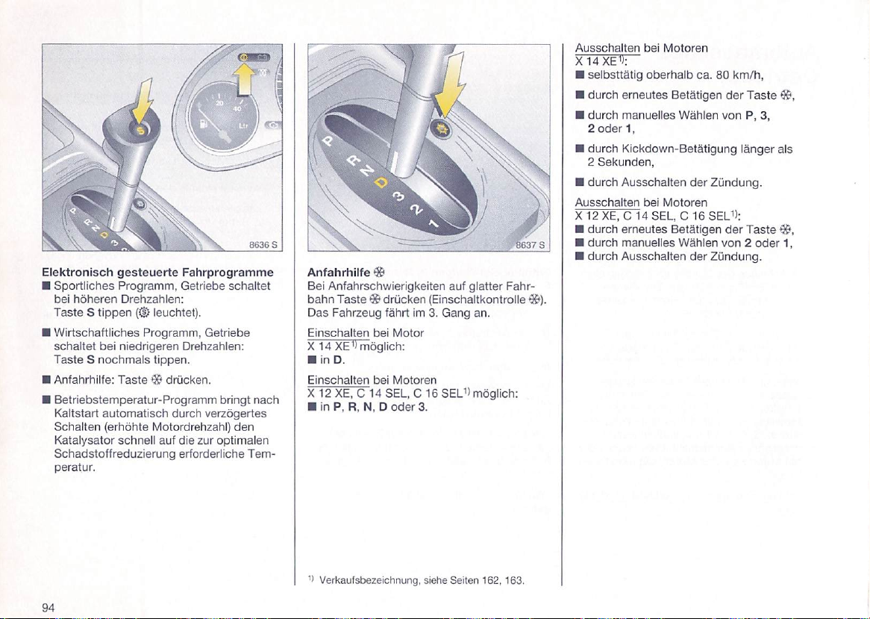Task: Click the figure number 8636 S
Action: [x=264, y=243]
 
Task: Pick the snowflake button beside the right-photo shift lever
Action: [x=442, y=128]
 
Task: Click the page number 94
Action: [x=49, y=606]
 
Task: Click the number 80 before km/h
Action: [x=722, y=75]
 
